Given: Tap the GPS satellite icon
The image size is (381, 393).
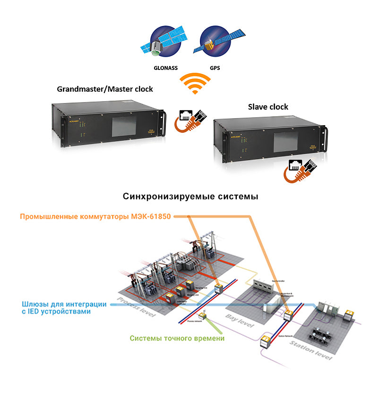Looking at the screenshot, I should tap(215, 43).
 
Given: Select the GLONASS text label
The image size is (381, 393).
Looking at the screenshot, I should tap(165, 68).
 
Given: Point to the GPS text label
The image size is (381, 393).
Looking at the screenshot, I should tap(215, 68).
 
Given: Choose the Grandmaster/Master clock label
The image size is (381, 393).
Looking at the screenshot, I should tap(105, 89).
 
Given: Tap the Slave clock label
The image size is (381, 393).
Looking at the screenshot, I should tap(268, 107).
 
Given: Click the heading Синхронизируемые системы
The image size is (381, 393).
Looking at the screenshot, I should tap(190, 196).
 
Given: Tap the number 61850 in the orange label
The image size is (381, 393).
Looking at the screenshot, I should tap(158, 216).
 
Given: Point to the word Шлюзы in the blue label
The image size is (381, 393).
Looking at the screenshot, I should tap(34, 304).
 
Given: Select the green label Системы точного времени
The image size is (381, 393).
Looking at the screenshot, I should tap(177, 338).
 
